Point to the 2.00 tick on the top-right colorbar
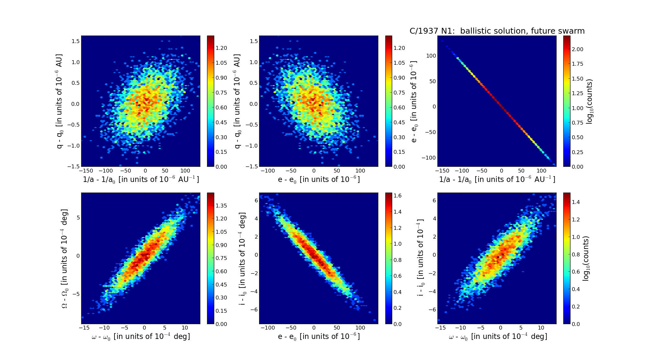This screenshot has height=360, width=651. click(x=578, y=49)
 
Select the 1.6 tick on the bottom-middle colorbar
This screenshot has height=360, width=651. click(x=398, y=196)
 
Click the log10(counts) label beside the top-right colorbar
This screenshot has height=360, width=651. click(x=590, y=101)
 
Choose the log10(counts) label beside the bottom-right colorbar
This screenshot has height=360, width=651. click(x=586, y=258)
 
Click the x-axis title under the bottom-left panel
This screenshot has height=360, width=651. click(x=141, y=337)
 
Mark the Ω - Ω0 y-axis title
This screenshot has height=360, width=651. click(x=65, y=258)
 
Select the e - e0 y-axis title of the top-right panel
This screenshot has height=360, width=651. click(x=414, y=101)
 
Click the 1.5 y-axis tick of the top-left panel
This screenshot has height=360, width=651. click(x=76, y=41)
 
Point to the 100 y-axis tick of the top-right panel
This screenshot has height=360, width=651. click(x=431, y=56)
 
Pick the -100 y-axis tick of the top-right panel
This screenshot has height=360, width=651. click(x=429, y=158)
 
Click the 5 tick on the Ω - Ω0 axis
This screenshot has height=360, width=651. click(x=78, y=218)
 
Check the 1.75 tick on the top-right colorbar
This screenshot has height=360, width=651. click(x=578, y=64)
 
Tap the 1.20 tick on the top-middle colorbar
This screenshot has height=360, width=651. click(x=400, y=48)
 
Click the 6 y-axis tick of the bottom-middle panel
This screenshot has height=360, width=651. click(x=256, y=200)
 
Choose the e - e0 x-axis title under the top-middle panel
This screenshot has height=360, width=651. click(x=319, y=179)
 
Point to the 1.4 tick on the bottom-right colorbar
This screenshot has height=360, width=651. click(x=576, y=202)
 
